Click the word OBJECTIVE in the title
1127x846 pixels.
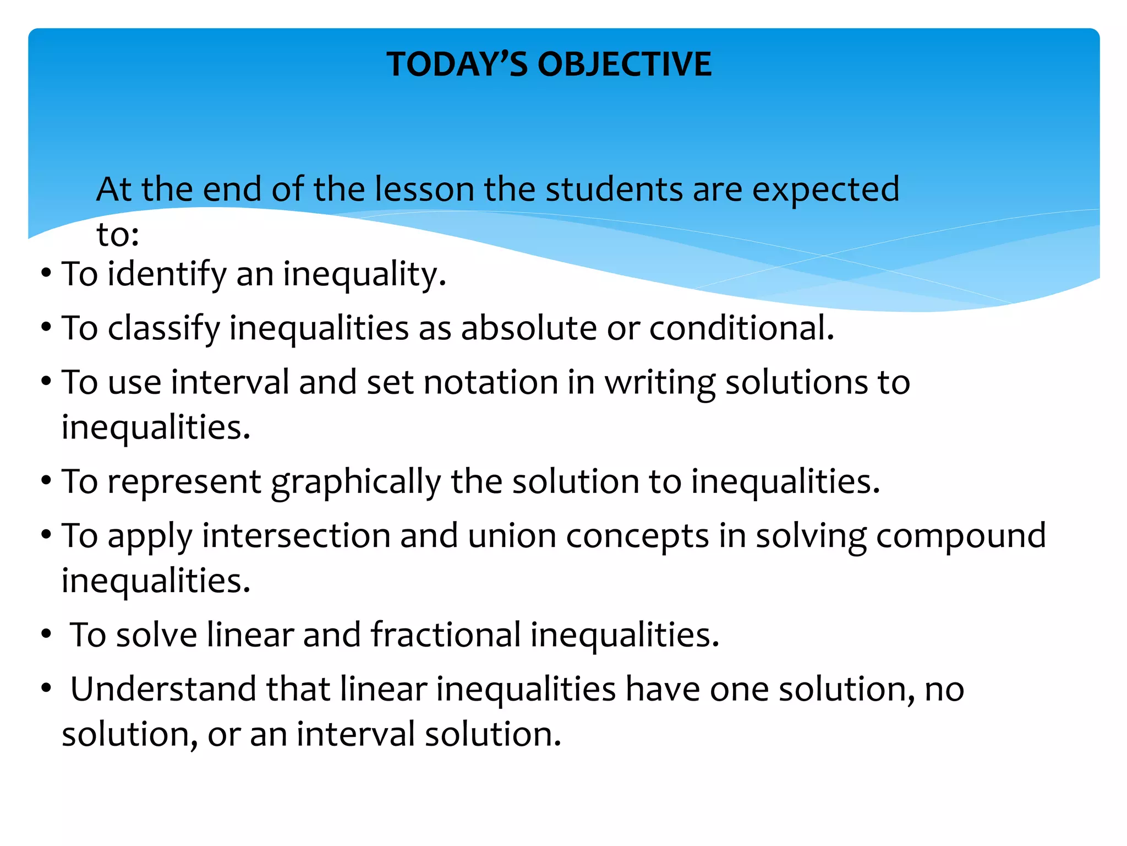pos(625,64)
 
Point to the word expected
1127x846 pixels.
pos(825,190)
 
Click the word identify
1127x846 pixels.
pos(167,274)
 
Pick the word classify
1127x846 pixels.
pos(164,328)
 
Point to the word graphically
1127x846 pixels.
pos(356,482)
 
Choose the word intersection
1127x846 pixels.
pos(296,535)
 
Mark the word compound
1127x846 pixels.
pos(961,536)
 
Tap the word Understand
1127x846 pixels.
pos(163,689)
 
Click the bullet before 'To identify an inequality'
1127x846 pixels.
pos(46,273)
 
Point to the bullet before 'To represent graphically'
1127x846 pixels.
pos(46,481)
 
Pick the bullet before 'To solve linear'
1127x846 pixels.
pos(46,634)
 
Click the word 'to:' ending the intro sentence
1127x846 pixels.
pos(118,235)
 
